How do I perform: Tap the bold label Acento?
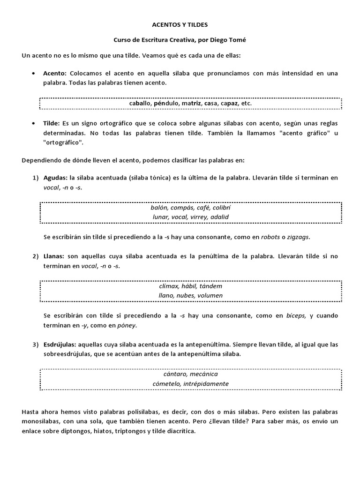(55, 74)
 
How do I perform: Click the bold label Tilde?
(52, 123)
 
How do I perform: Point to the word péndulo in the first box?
(166, 103)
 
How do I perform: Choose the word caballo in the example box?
(140, 103)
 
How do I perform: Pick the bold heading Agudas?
(55, 178)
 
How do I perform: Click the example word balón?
(159, 207)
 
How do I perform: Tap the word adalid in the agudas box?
(220, 217)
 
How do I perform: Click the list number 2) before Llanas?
(36, 257)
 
